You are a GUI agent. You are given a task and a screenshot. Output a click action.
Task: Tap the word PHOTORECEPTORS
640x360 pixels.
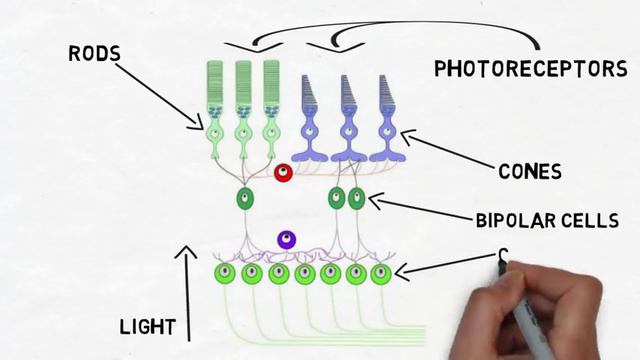530,69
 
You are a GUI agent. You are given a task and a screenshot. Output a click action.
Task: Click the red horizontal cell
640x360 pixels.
284,173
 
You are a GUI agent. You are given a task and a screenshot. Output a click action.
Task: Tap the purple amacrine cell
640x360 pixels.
286,240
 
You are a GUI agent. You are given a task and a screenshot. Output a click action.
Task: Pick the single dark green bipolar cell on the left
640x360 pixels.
243,198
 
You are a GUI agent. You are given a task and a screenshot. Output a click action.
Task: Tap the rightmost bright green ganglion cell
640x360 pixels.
380,272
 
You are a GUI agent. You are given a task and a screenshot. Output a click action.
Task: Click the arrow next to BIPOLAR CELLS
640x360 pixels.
415,212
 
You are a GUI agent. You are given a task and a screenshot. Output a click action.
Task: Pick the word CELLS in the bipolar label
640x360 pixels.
600,219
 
